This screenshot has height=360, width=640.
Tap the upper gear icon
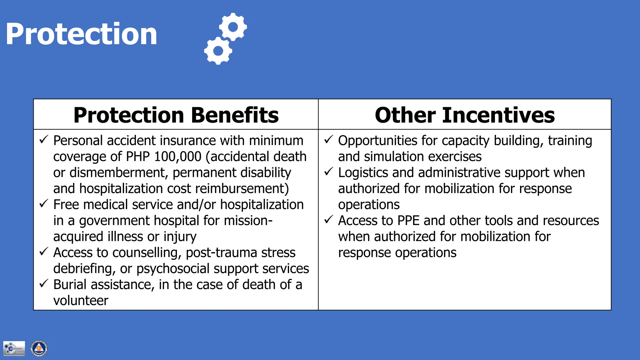233,27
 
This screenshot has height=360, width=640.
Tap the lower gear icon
218,51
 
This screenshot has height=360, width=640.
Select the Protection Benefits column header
176,115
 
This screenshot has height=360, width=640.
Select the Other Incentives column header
465,115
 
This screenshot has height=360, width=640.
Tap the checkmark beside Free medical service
44,203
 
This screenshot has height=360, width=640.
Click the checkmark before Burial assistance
44,283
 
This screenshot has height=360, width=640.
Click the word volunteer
81,301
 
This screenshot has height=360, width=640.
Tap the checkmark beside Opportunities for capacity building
329,139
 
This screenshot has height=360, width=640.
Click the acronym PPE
408,221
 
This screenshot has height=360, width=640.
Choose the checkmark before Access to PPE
329,219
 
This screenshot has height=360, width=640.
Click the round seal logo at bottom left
39,348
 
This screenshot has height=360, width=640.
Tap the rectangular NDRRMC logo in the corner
14,348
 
